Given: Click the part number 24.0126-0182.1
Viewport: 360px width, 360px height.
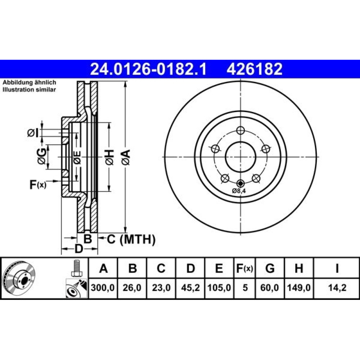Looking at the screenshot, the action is pos(149,69).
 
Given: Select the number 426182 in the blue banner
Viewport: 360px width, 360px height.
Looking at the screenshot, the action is pos(255,69).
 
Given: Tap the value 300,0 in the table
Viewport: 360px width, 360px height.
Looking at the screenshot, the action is pos(103,287).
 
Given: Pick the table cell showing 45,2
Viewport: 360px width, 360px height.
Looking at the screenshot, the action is pos(190,287).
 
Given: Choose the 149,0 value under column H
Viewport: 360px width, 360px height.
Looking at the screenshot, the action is pos(299,287).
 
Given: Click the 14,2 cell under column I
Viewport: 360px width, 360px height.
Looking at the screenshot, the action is pos(337,287).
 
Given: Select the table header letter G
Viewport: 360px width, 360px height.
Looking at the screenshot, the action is pos(270,268).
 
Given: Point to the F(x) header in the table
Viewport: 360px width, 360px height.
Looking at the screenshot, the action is pos(245,268).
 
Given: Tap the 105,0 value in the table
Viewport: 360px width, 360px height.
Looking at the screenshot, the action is pos(219,287).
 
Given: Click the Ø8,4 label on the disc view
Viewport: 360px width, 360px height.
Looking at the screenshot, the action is pos(239,190).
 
